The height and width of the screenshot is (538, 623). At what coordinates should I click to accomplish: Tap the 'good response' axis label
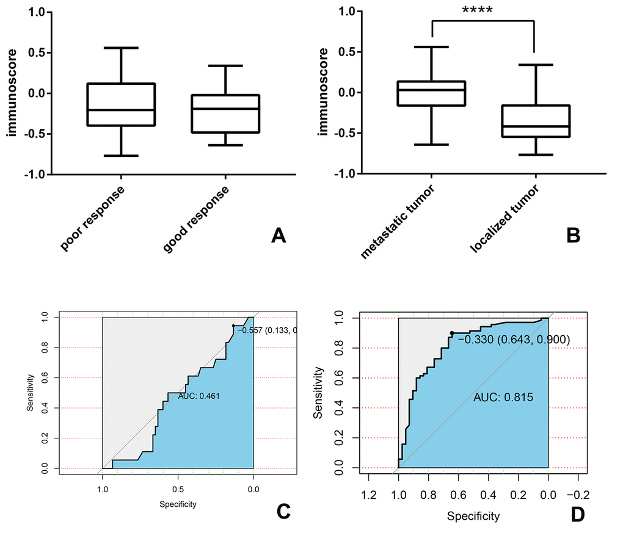point(197,218)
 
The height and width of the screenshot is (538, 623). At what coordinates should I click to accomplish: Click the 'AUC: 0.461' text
point(199,396)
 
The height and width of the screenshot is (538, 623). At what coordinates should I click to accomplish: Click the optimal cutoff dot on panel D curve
point(452,333)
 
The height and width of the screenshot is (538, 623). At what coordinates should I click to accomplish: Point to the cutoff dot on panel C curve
point(233,326)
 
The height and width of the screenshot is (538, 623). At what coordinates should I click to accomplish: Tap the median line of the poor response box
point(121,110)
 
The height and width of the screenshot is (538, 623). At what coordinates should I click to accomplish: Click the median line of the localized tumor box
point(535,126)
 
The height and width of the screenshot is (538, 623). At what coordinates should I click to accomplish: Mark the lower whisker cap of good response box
point(225,145)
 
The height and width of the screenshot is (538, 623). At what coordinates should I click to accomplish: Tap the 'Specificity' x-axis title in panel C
point(178,504)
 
